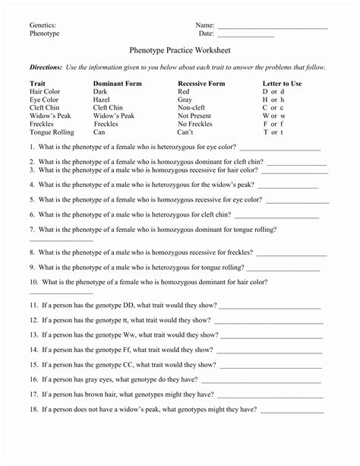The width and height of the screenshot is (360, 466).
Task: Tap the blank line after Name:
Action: point(272,27)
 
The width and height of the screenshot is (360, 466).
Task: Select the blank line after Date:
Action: point(245,35)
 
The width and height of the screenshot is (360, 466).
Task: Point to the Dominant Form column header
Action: point(114,83)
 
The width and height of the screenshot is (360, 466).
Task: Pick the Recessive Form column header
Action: point(201,83)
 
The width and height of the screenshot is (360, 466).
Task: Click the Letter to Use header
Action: point(282,83)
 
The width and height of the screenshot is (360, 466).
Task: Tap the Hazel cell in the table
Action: point(101,100)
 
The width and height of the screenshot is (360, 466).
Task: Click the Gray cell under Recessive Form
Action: point(185,100)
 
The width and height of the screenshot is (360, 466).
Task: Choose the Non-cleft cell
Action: point(192,108)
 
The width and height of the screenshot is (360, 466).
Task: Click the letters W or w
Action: point(273,116)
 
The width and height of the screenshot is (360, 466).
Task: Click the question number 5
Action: point(33,198)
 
